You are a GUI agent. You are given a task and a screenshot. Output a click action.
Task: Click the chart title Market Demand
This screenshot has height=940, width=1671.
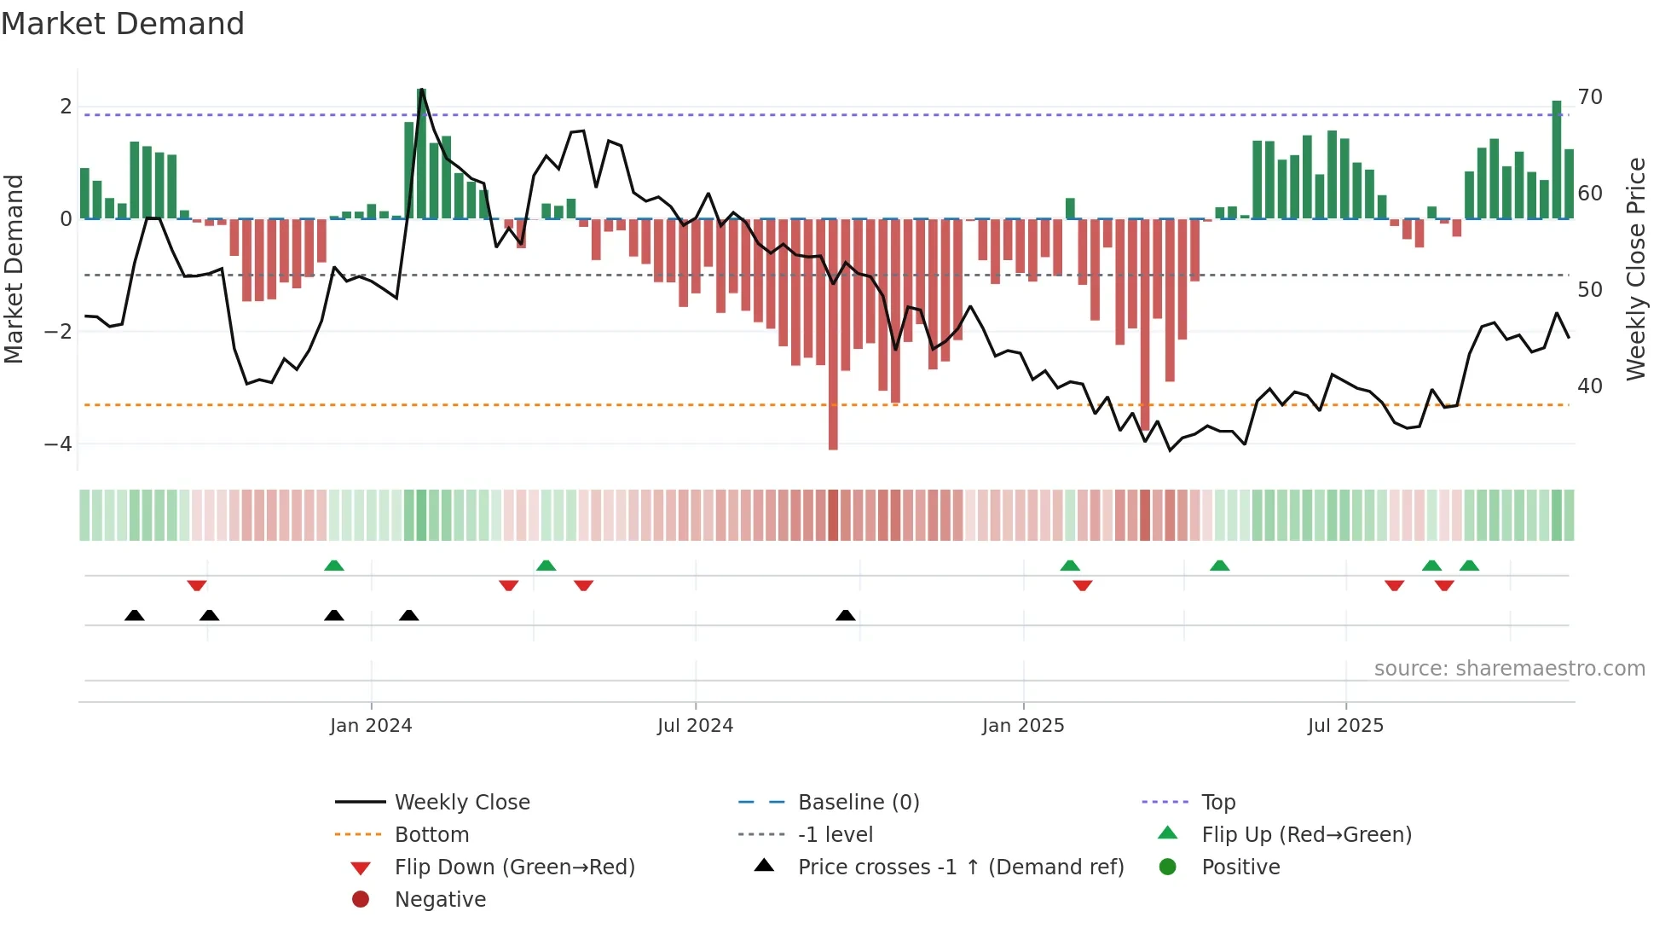(x=123, y=24)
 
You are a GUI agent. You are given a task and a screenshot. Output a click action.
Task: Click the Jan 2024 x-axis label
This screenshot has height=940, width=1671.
(x=371, y=726)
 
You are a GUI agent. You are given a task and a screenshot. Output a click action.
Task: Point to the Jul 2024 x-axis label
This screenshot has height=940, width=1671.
(x=695, y=726)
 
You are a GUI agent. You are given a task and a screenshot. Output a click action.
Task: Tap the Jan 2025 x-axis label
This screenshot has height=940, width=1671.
(x=1023, y=726)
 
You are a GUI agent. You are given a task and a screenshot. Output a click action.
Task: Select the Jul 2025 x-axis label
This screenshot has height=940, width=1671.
(x=1345, y=726)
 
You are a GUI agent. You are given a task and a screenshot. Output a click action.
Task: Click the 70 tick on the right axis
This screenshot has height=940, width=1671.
(x=1590, y=97)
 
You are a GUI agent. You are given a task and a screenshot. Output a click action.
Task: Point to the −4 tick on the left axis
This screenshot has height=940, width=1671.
(x=58, y=444)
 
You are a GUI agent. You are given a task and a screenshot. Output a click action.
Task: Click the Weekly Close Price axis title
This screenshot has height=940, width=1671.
(x=1636, y=269)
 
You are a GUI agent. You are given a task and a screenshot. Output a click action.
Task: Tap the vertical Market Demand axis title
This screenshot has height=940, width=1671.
(x=14, y=269)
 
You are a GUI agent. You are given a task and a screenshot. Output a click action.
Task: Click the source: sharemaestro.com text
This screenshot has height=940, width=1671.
(x=1509, y=669)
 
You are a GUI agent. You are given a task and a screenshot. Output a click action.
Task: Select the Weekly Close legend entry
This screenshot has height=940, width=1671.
(x=461, y=803)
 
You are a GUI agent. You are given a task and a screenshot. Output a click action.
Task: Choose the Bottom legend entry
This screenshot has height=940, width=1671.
(x=431, y=835)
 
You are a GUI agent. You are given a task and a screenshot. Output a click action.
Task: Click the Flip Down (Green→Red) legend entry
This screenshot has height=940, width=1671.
(x=514, y=867)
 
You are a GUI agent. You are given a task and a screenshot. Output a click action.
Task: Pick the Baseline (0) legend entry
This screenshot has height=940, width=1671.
(x=859, y=803)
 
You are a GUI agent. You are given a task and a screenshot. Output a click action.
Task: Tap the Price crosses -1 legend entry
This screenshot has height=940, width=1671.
(x=960, y=867)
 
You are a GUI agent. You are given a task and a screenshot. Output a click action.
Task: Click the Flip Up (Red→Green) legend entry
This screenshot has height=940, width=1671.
(x=1306, y=835)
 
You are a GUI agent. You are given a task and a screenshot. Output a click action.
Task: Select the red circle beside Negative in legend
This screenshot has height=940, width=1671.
(x=361, y=900)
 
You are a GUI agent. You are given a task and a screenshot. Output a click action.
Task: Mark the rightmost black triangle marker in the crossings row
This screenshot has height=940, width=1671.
(x=846, y=616)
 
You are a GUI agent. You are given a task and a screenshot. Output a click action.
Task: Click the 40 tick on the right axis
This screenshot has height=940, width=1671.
(x=1590, y=386)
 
